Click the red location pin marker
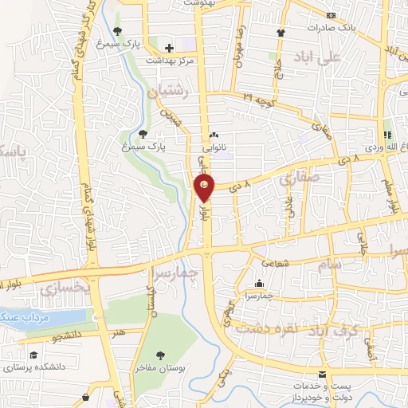[205, 188]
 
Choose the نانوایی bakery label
[214, 147]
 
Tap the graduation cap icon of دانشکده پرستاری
[33, 355]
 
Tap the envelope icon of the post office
[322, 374]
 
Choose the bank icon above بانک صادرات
[331, 14]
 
